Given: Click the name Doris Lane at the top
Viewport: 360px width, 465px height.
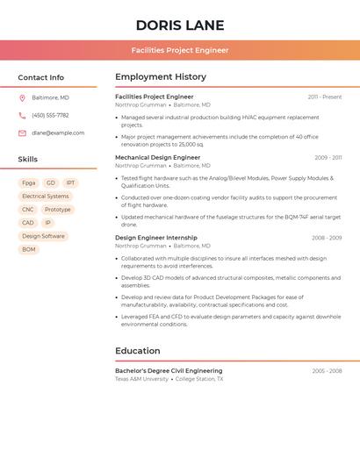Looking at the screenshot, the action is click(180, 25).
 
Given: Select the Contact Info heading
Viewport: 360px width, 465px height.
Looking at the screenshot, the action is click(40, 77).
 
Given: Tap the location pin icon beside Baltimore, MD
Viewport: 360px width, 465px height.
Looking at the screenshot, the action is click(22, 97).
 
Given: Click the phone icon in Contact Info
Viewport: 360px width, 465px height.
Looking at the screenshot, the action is click(22, 115).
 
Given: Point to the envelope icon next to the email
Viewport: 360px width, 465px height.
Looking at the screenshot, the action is click(22, 133).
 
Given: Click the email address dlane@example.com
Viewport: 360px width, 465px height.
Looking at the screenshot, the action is click(58, 133).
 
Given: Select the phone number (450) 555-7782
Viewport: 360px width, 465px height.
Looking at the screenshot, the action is click(50, 115).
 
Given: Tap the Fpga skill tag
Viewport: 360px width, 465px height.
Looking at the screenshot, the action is click(29, 183).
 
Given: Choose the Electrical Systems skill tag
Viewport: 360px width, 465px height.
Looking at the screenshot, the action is click(45, 197).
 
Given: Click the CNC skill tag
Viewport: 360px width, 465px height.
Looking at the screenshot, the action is click(28, 210).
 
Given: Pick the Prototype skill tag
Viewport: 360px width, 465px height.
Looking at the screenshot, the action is click(58, 210).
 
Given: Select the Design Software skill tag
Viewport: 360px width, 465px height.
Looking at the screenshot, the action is click(43, 236).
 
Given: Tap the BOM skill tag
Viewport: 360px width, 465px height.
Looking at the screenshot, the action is click(29, 249).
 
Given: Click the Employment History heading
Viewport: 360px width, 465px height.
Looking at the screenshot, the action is click(161, 77).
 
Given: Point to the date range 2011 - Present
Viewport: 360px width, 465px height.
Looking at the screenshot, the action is click(324, 97).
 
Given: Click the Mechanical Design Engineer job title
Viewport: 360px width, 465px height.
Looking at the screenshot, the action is click(157, 158).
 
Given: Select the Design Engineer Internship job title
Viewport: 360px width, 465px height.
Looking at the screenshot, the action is click(155, 238).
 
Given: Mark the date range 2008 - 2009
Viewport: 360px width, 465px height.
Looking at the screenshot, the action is click(327, 238).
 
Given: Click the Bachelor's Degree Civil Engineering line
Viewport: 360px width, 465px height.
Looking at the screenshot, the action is click(169, 371).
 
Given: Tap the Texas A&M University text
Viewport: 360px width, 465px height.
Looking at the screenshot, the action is click(141, 379).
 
